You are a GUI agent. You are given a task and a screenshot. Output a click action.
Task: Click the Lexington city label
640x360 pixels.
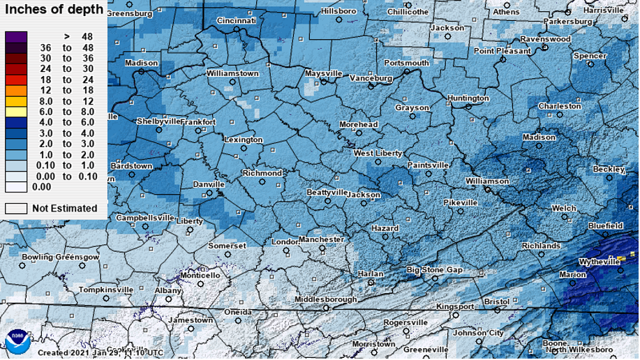click(x=243, y=140)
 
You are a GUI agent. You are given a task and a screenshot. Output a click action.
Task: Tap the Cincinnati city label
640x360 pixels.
click(x=237, y=21)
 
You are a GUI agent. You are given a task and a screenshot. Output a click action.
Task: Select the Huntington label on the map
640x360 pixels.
click(x=468, y=98)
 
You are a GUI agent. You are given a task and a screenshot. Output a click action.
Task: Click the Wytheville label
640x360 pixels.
click(x=599, y=262)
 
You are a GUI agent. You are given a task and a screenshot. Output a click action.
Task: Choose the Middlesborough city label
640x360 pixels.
click(x=325, y=299)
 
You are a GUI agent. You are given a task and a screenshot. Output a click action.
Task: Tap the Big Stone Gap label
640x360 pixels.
click(x=435, y=269)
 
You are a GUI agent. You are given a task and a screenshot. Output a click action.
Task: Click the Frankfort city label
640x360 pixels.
click(x=198, y=122)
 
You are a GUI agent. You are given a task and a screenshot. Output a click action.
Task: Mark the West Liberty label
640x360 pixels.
click(x=378, y=153)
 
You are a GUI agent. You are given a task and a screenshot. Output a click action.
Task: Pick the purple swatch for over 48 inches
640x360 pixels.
click(x=16, y=36)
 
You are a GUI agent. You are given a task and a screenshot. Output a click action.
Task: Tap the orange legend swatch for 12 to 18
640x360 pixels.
click(x=16, y=91)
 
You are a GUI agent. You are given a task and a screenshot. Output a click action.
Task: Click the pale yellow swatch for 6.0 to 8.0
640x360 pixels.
click(x=16, y=112)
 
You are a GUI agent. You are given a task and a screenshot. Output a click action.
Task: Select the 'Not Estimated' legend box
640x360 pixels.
click(x=16, y=208)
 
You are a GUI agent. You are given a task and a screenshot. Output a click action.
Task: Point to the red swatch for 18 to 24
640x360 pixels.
click(x=16, y=80)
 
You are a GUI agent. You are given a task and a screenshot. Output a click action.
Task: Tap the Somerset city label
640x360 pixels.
click(x=228, y=246)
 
